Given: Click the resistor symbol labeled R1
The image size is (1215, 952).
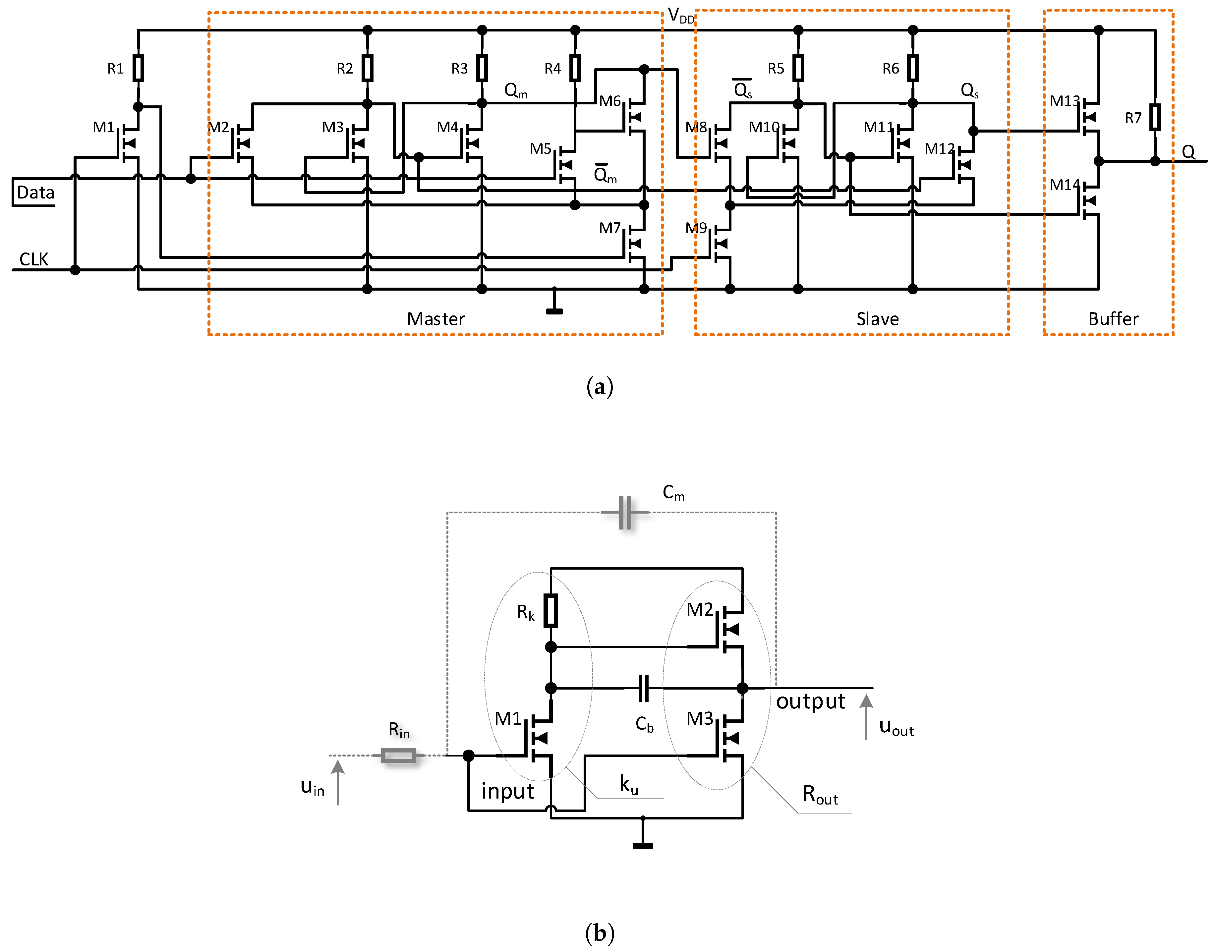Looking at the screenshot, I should (138, 68).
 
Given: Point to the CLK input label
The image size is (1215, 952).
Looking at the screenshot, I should (33, 259).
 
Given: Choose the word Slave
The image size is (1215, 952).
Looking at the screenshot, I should (877, 319).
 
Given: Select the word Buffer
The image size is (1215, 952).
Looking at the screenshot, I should (1113, 319).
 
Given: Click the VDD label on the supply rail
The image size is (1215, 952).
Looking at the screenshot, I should (680, 17).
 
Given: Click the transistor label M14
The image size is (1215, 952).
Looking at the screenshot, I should (1065, 185).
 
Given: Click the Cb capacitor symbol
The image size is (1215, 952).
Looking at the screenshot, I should (643, 688).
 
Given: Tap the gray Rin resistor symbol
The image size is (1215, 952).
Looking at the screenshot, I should (398, 756).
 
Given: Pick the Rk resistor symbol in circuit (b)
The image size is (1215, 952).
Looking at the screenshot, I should (550, 611).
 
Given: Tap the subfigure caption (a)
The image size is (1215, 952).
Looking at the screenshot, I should (600, 387).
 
